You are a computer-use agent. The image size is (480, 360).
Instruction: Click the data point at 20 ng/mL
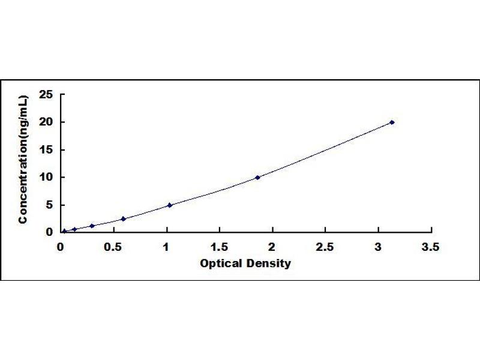[x=392, y=122]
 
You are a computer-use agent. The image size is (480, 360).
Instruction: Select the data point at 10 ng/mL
[x=257, y=178]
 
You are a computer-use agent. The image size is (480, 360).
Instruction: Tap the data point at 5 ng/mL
[x=170, y=205]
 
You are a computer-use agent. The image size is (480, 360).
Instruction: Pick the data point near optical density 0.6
[x=124, y=219]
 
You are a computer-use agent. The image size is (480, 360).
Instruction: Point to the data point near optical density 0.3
[x=92, y=226]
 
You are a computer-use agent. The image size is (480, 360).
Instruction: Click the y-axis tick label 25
[x=46, y=95]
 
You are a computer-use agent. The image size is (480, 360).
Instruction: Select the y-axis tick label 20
[x=46, y=122]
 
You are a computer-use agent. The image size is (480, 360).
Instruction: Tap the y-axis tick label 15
[x=46, y=149]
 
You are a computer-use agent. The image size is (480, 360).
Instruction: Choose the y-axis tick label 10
[x=46, y=177]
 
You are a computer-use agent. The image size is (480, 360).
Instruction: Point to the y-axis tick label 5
[x=50, y=205]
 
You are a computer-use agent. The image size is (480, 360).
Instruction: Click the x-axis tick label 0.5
[x=113, y=247]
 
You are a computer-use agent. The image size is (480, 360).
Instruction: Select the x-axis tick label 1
[x=166, y=247]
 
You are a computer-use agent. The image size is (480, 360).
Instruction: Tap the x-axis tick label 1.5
[x=219, y=247]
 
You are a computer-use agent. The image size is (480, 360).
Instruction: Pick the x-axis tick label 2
[x=272, y=247]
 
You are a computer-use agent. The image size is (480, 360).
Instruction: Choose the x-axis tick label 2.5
[x=325, y=247]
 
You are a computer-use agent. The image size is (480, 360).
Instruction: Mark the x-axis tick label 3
[x=378, y=247]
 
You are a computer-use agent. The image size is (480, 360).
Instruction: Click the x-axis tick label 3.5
[x=430, y=247]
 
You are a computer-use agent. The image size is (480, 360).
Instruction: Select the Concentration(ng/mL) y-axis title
[x=23, y=160]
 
